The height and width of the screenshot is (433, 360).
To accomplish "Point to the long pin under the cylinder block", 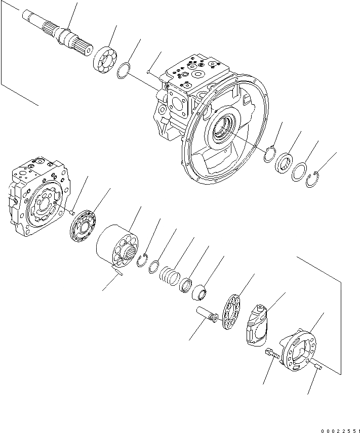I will [x=121, y=274].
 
